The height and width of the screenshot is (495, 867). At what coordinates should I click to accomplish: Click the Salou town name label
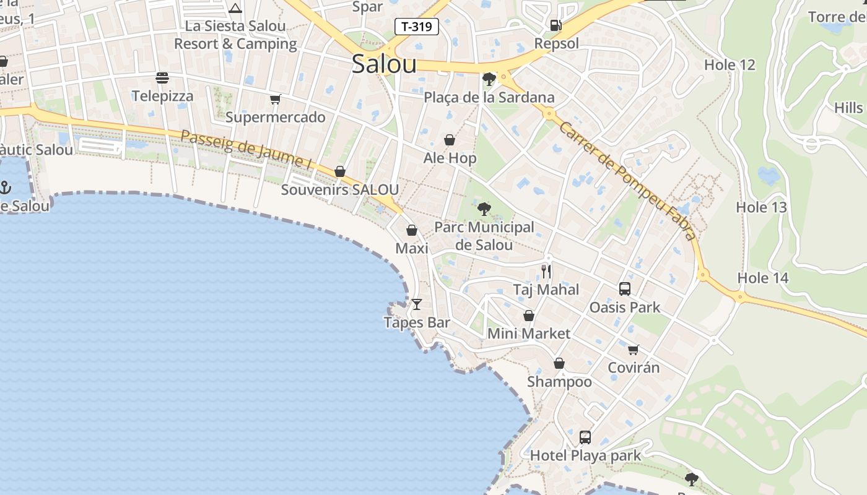click(x=384, y=64)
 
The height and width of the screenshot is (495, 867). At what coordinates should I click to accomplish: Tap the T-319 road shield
click(x=417, y=27)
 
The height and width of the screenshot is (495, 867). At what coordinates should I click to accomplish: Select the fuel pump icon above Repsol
click(x=556, y=25)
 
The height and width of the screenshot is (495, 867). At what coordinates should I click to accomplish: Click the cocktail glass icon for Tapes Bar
click(x=417, y=304)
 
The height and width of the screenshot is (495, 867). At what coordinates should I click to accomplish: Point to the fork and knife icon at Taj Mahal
click(x=546, y=271)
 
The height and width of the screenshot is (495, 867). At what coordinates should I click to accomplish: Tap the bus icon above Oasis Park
click(x=624, y=288)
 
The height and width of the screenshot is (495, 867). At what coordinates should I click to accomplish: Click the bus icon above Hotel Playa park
click(x=585, y=437)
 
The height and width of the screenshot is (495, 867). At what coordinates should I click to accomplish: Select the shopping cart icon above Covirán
click(x=633, y=350)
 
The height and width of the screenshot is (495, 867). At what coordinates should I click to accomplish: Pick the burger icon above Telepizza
click(x=162, y=78)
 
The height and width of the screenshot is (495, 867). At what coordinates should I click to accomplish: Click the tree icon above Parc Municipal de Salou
click(x=484, y=209)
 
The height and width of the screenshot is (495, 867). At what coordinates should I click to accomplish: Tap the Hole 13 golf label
click(x=761, y=207)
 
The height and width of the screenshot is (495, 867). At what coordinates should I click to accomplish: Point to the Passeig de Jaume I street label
click(x=246, y=149)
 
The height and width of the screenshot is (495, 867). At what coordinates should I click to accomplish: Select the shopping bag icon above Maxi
click(x=411, y=230)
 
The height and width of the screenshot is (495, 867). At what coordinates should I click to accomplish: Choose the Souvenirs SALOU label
click(x=340, y=189)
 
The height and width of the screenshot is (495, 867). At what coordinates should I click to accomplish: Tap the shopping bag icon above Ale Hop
click(x=450, y=140)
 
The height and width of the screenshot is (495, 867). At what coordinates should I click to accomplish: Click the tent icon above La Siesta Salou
click(x=235, y=9)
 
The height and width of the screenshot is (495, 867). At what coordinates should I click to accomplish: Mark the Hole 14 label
click(x=763, y=278)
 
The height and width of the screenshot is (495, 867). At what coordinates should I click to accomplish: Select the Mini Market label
click(x=529, y=334)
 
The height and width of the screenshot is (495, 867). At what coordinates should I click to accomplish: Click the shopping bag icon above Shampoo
click(x=559, y=363)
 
